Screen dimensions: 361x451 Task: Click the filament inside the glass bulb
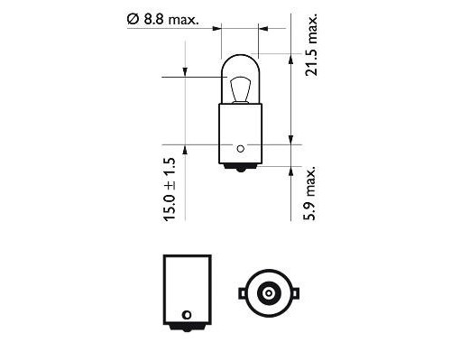[240, 90]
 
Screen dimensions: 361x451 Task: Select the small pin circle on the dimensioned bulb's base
[240, 146]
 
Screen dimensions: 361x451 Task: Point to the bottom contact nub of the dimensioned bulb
[240, 169]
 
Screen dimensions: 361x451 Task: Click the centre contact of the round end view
[267, 292]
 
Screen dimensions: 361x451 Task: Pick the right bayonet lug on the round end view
[293, 292]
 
